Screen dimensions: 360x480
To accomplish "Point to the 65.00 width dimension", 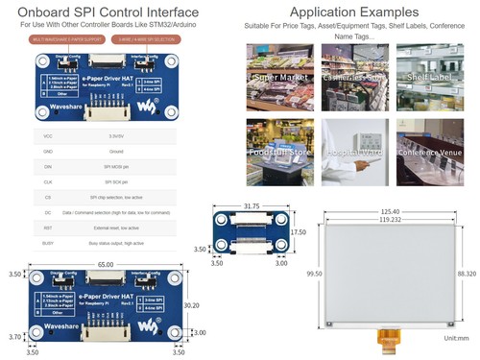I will (106, 264).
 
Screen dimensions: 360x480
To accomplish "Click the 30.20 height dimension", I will (191, 306).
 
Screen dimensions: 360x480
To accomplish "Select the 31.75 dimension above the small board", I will (252, 205).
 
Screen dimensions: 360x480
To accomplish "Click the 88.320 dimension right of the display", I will (467, 274).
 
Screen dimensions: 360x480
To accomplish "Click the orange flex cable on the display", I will (388, 338).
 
